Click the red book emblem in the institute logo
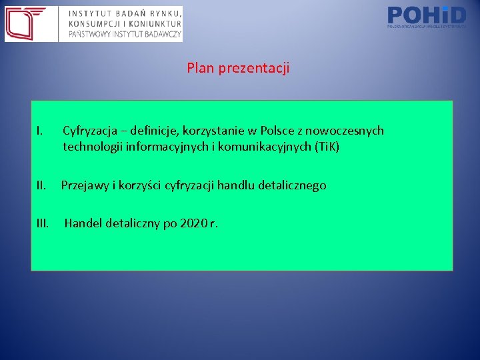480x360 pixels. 26,24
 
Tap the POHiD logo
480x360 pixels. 427,16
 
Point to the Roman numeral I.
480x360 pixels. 40,131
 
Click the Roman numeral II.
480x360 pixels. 41,185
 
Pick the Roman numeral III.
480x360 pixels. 43,223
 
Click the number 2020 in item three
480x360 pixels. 193,223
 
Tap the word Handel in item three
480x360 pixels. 83,223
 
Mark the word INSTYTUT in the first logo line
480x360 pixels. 90,13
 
